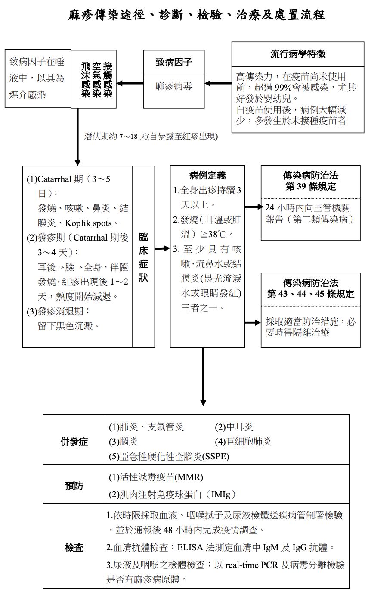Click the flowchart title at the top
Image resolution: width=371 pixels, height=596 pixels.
click(x=197, y=16)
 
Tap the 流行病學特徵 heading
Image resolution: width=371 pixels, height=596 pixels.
click(x=298, y=54)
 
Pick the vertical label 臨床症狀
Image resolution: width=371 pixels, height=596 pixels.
click(x=144, y=258)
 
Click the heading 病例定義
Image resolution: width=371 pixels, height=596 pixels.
click(x=207, y=176)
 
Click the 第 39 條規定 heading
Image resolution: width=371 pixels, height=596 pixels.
click(x=310, y=187)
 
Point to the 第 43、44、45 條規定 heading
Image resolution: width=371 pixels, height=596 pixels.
click(x=310, y=294)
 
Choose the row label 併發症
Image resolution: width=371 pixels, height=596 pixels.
click(x=74, y=442)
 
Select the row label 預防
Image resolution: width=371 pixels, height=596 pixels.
click(x=74, y=486)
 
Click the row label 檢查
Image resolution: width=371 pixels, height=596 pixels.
click(x=74, y=548)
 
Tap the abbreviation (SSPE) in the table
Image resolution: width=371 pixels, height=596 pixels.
click(x=215, y=457)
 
